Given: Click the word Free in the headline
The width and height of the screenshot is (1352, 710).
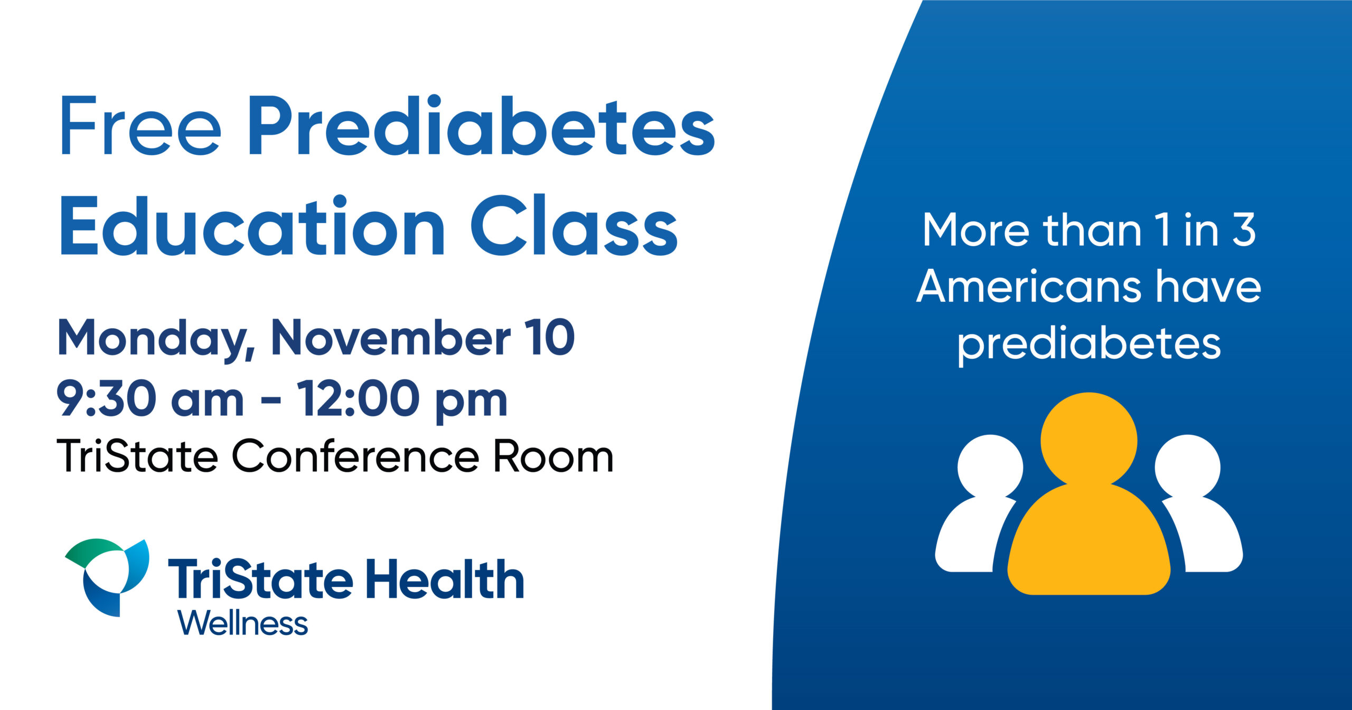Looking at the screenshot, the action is click(x=140, y=126).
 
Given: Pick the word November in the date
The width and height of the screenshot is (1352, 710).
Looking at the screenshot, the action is click(x=391, y=338).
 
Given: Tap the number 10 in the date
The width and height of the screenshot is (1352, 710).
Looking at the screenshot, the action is click(x=550, y=338).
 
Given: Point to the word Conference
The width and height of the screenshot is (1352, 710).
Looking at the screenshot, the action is click(x=355, y=456).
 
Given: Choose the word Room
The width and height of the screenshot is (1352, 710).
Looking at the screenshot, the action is click(x=553, y=456).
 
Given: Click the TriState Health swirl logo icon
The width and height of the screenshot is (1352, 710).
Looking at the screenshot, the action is click(x=107, y=577).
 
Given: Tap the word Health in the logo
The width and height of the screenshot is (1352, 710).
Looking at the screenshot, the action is click(x=445, y=580).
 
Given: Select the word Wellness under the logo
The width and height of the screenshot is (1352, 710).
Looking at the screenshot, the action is click(x=243, y=623).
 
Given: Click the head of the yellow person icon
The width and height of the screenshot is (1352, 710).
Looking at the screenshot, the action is click(x=1088, y=440).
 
